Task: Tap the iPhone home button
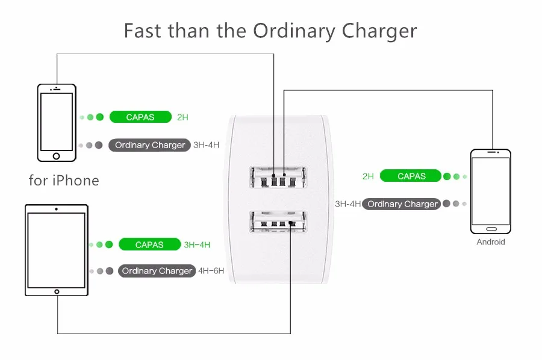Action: (x=57, y=156)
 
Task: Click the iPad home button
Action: (x=57, y=291)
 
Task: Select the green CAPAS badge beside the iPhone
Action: (x=140, y=117)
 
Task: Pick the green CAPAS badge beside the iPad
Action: (x=149, y=244)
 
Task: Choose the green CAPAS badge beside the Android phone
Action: (x=411, y=176)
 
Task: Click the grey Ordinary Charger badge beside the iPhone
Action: (x=150, y=145)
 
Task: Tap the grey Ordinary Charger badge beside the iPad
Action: (x=157, y=271)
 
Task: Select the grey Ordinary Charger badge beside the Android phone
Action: (x=402, y=204)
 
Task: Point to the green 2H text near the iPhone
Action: (x=182, y=117)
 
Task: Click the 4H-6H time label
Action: (x=211, y=271)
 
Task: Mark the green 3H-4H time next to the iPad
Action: (x=197, y=244)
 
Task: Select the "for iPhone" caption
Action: (x=64, y=181)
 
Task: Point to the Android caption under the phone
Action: (x=491, y=242)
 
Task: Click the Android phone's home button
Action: (x=491, y=229)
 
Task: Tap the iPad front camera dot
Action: (x=57, y=209)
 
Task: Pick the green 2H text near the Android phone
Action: (x=368, y=176)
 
